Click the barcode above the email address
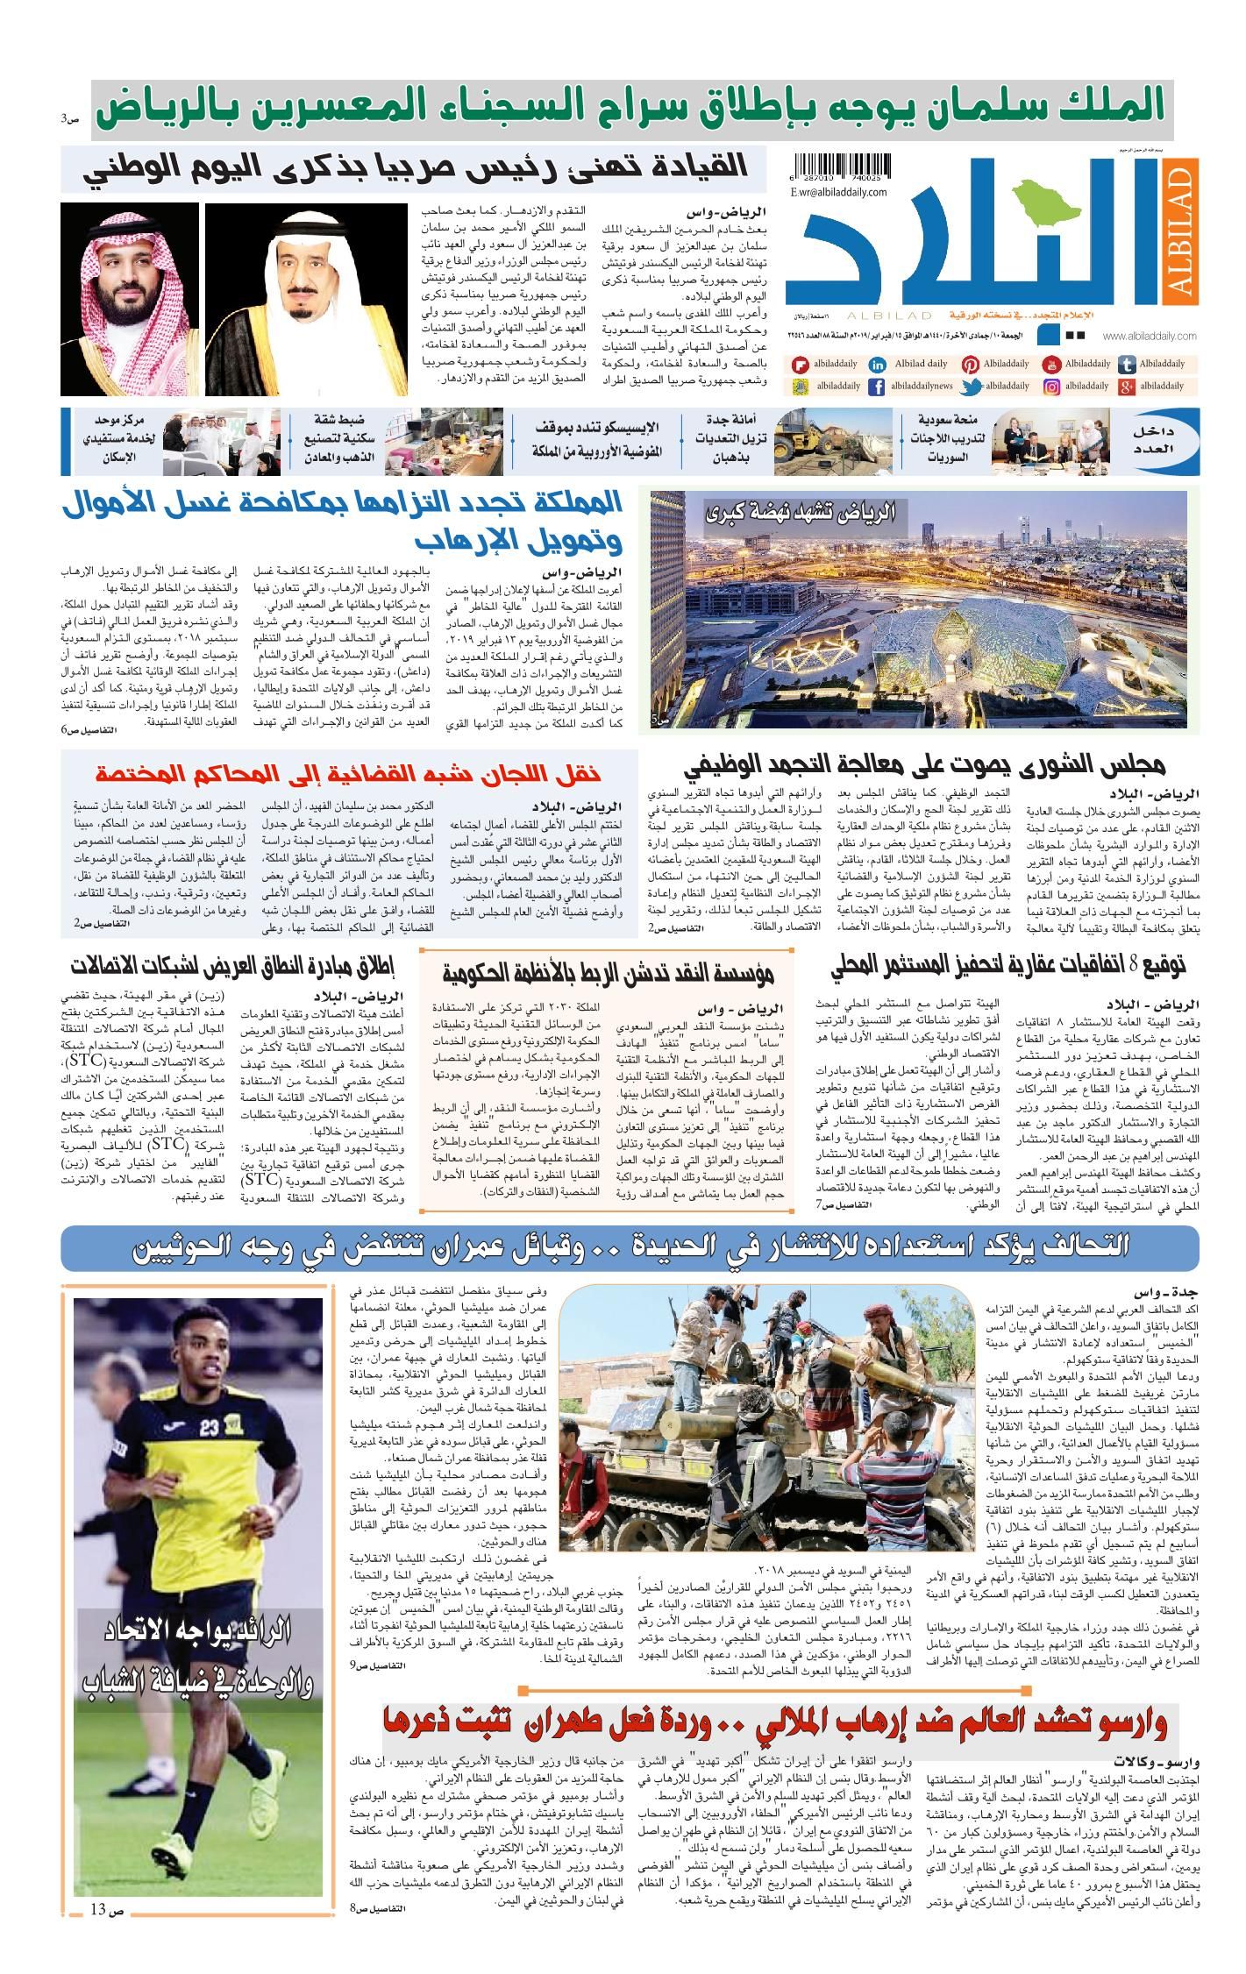click(x=841, y=167)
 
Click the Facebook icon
click(x=876, y=387)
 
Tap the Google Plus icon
click(x=1128, y=387)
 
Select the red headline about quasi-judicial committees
click(x=348, y=773)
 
